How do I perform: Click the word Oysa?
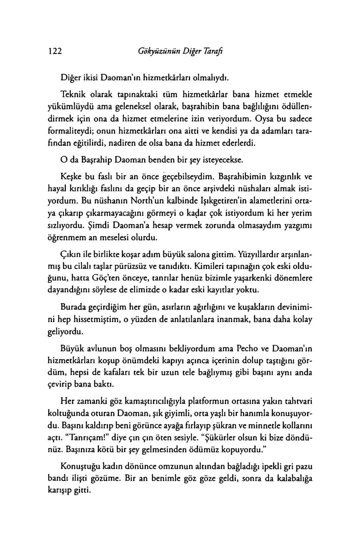tap(265, 119)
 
